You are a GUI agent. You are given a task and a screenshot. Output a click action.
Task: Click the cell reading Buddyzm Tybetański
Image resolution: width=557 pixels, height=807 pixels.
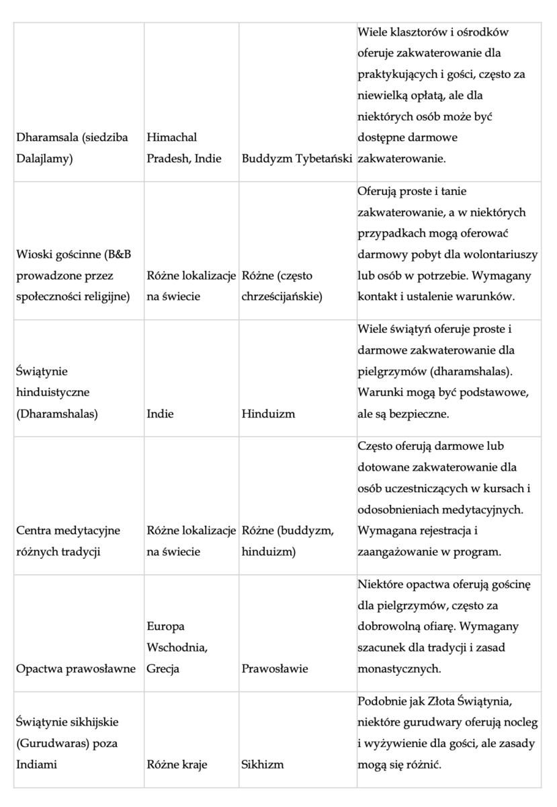point(297,161)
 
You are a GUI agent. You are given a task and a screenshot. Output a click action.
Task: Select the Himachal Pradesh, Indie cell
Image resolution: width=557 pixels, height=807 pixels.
point(181,149)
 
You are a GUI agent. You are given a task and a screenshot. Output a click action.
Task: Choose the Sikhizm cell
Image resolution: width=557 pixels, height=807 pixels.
point(262,765)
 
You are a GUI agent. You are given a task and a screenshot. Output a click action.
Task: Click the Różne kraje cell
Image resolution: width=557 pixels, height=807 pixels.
point(177,765)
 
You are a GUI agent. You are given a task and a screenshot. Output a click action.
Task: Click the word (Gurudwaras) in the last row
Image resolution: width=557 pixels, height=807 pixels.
point(48,743)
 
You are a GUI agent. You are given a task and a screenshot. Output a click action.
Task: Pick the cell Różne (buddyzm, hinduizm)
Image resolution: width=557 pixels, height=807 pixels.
point(287,541)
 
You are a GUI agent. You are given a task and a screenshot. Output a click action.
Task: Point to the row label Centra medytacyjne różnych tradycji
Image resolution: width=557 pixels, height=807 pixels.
point(67,541)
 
